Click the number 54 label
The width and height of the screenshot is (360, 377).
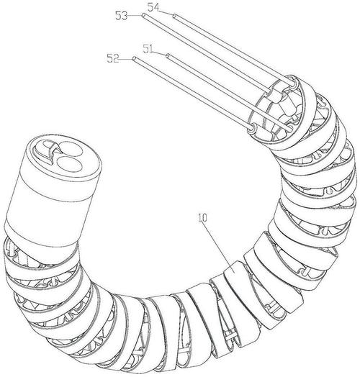pos(153,7)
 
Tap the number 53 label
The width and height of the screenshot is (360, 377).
pos(121,16)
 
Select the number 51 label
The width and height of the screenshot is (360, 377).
pos(149,48)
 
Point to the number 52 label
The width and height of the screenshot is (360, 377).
pos(113,58)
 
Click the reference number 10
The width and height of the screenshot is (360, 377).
pos(202,218)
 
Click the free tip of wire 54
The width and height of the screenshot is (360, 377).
pos(174,16)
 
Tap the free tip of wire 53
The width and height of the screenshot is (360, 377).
pos(143,15)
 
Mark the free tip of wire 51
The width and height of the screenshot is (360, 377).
pos(168,55)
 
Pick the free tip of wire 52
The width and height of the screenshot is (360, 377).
pos(134,58)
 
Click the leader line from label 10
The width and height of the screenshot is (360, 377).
pos(217,245)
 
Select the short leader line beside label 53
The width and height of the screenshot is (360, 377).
pos(134,15)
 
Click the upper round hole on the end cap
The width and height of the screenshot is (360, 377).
pos(71,149)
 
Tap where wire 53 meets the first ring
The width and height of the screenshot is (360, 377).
pos(270,91)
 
